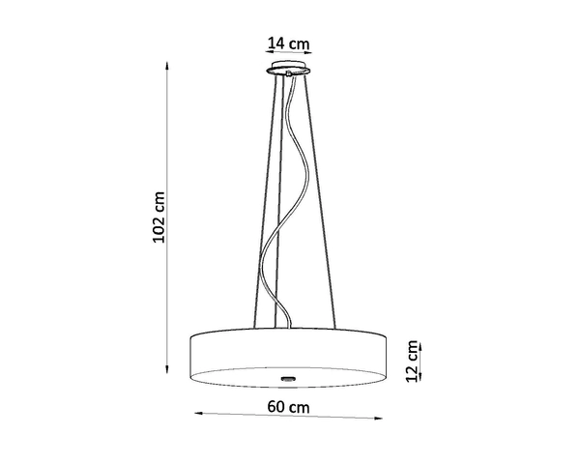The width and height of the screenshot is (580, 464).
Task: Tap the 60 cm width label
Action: tap(289, 407)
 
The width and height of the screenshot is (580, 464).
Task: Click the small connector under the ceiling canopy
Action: tap(289, 78)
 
